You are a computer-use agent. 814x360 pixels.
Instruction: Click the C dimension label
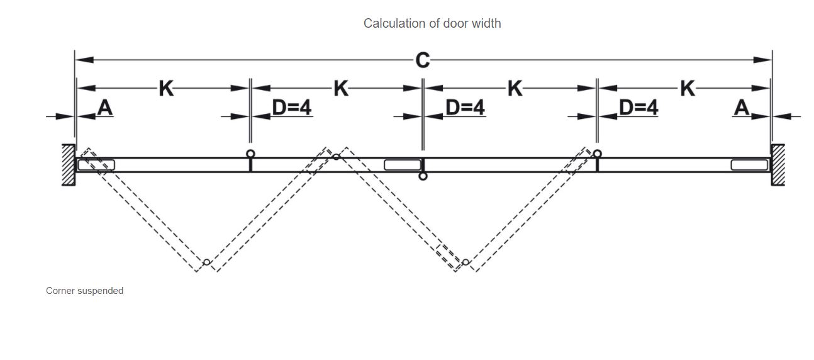(423, 60)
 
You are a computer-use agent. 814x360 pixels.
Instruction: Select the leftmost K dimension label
(165, 89)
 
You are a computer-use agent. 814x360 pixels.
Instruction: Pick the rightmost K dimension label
(688, 89)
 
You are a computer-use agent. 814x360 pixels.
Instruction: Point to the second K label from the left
(340, 89)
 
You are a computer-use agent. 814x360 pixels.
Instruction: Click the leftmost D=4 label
(291, 108)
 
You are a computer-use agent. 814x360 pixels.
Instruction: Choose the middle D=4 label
(465, 108)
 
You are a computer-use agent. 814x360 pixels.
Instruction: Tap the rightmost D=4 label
(638, 108)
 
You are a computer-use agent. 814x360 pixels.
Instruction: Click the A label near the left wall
(105, 108)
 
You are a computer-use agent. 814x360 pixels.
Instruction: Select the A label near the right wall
(742, 108)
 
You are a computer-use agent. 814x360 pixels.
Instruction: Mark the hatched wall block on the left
(68, 164)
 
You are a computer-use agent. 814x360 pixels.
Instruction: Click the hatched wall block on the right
(778, 164)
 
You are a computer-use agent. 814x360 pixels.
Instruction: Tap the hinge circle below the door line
(423, 176)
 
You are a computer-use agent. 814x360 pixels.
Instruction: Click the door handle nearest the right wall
(749, 165)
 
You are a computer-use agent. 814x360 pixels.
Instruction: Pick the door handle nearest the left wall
(96, 165)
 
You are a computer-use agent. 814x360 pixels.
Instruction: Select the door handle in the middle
(402, 165)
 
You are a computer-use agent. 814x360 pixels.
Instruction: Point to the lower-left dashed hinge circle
(206, 262)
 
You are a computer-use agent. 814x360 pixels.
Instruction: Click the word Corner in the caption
(60, 291)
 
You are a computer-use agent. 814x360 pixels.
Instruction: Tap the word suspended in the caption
(101, 291)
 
